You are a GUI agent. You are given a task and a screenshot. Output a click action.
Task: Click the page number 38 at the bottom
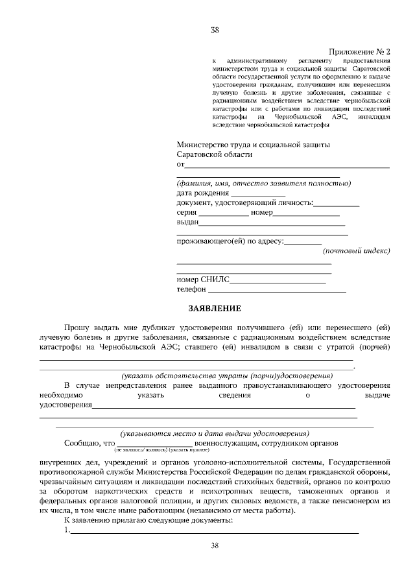click(215, 545)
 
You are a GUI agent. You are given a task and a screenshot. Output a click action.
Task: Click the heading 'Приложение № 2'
click(360, 51)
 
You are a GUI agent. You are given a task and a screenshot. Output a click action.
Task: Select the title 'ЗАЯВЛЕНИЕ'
click(215, 308)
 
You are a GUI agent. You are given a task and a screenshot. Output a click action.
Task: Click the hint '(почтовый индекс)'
click(356, 250)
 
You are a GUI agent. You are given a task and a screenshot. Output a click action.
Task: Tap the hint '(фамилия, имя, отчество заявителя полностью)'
click(263, 183)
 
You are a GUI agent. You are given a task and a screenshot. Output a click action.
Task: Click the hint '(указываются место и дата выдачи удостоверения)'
click(215, 433)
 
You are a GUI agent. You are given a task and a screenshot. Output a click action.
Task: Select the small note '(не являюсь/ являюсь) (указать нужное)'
click(161, 449)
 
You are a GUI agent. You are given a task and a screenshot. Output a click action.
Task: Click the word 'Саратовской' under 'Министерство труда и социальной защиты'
click(202, 154)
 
